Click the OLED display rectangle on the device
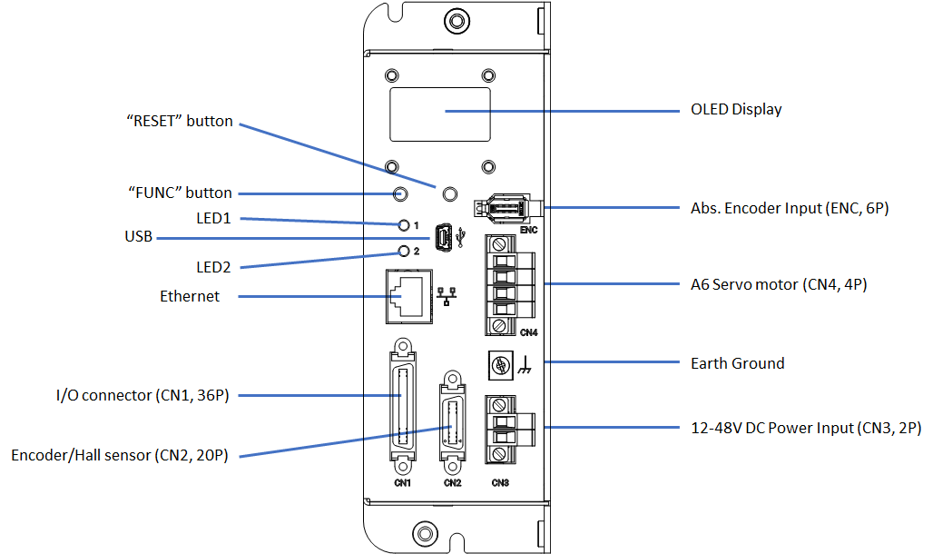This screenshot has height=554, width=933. (440, 114)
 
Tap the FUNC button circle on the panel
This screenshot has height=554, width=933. (399, 193)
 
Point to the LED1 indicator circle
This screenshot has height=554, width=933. (405, 224)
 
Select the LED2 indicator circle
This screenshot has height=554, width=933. (405, 251)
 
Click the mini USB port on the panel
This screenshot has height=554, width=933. (444, 238)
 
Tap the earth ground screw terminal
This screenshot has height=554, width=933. (498, 365)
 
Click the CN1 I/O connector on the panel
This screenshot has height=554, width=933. (402, 406)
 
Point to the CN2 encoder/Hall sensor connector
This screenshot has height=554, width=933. (450, 421)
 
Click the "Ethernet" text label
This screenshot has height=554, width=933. (190, 296)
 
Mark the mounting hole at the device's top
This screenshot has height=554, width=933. (456, 21)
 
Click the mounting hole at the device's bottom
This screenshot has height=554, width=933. (423, 532)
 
